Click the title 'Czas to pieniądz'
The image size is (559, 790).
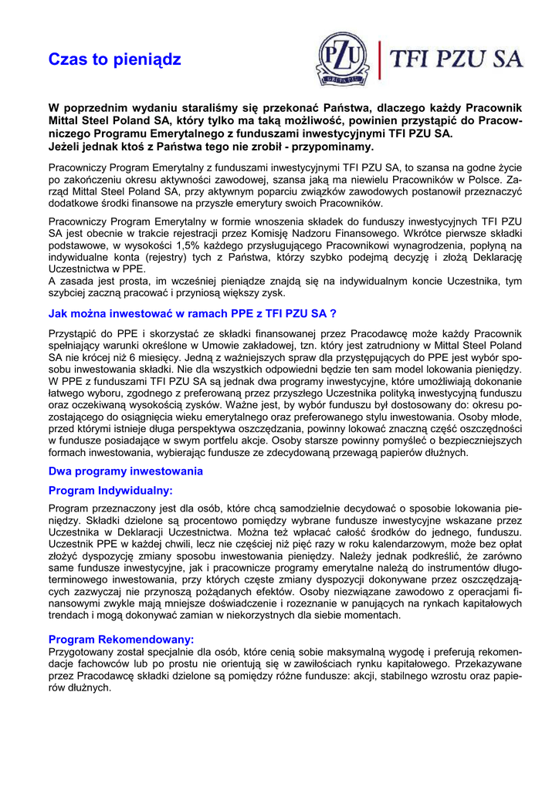pos(114,59)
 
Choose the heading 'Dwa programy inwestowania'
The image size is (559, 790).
pos(125,471)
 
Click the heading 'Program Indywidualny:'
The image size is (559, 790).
pos(110,490)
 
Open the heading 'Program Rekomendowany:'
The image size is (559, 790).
pos(121,640)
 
